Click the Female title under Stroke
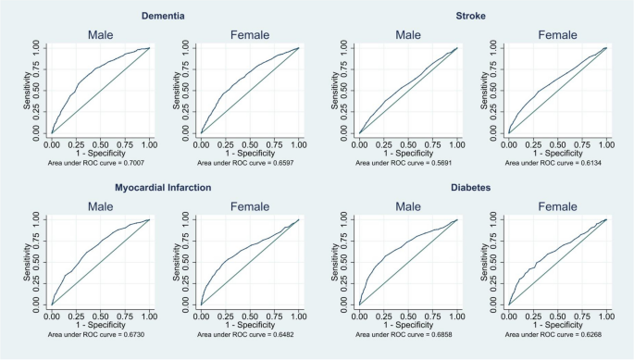(557, 35)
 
